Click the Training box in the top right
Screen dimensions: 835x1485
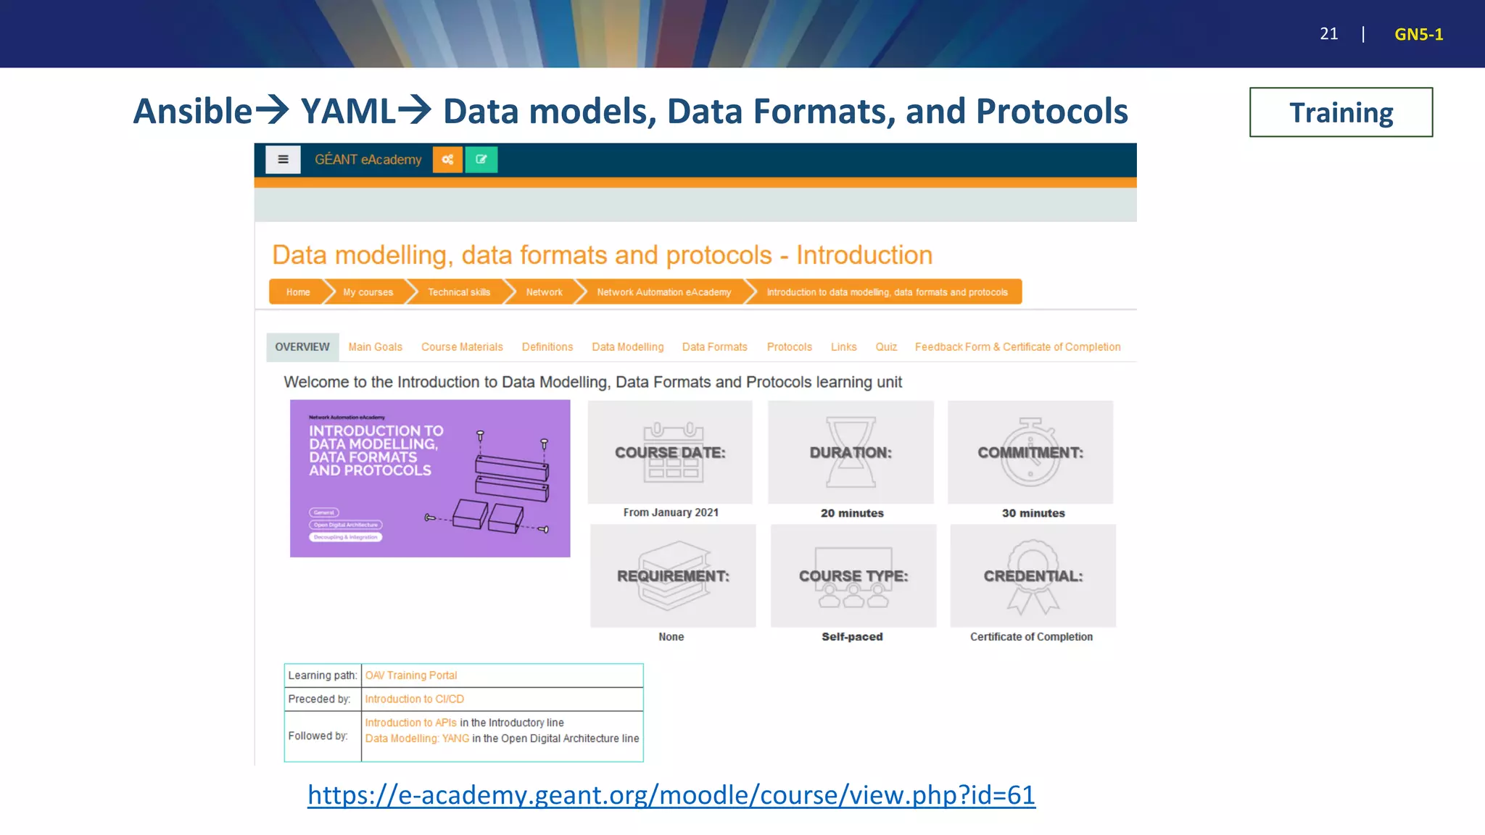(1341, 112)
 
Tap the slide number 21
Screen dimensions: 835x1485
(1328, 34)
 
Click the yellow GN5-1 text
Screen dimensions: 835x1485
(1418, 34)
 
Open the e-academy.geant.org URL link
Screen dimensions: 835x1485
(671, 795)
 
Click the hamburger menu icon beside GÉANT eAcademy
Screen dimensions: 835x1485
(283, 159)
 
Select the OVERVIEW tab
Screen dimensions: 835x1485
(302, 347)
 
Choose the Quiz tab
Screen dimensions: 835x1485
(886, 347)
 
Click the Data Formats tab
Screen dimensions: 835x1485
(714, 347)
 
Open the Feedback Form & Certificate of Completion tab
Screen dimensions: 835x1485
(1017, 347)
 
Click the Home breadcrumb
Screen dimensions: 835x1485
(297, 292)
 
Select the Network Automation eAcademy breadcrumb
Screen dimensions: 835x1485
(663, 292)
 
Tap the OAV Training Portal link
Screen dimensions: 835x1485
(410, 676)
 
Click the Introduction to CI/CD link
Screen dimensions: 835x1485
(414, 699)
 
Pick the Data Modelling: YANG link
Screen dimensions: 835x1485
(417, 739)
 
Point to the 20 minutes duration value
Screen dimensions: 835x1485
(852, 513)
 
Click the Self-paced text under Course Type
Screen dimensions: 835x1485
(852, 637)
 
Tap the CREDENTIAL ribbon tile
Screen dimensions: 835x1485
(1033, 576)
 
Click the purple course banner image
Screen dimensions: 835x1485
(430, 478)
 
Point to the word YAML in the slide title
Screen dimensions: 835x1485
(348, 112)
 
